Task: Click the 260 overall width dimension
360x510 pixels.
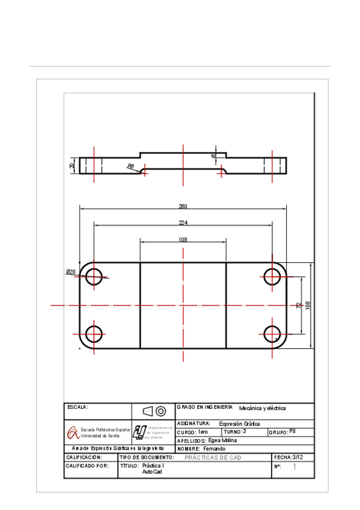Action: (x=183, y=206)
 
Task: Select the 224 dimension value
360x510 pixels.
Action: (x=183, y=223)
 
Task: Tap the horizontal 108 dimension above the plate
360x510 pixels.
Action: (x=183, y=239)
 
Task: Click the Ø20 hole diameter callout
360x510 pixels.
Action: (x=71, y=272)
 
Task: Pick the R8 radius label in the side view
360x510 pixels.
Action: (x=130, y=167)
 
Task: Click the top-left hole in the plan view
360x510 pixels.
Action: (x=94, y=277)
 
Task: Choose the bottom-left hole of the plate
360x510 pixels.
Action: (x=94, y=334)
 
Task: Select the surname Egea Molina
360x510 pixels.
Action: (x=223, y=440)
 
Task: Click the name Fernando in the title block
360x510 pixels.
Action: (x=214, y=449)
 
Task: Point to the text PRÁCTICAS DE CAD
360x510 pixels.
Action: (x=212, y=458)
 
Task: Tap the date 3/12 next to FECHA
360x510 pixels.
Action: (x=297, y=457)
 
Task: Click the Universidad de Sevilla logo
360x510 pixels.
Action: (x=72, y=432)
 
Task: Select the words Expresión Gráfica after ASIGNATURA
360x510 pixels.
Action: (x=239, y=423)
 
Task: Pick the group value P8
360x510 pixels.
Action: (x=293, y=431)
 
